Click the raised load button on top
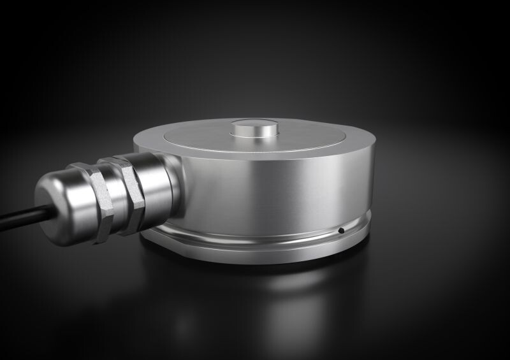(x=255, y=126)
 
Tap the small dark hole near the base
(x=341, y=230)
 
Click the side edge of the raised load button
(x=255, y=133)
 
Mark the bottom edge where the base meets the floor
(x=268, y=263)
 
